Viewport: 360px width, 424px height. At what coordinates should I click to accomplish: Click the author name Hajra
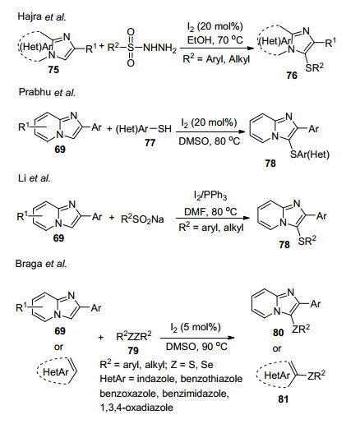pyautogui.click(x=30, y=16)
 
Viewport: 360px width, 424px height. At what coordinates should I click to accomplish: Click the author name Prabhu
pyautogui.click(x=35, y=92)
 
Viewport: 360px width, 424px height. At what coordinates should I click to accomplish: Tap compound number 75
pyautogui.click(x=53, y=70)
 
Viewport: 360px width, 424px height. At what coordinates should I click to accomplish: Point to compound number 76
pyautogui.click(x=292, y=75)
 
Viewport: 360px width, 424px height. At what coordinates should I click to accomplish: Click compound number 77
pyautogui.click(x=150, y=143)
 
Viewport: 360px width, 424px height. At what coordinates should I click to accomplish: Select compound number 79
pyautogui.click(x=133, y=350)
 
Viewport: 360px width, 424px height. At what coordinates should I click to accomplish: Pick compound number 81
pyautogui.click(x=283, y=399)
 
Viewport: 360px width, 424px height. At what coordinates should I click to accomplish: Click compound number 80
pyautogui.click(x=278, y=333)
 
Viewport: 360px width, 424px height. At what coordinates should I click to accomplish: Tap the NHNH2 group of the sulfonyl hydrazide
pyautogui.click(x=160, y=48)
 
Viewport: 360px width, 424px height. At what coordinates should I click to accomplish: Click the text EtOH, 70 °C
pyautogui.click(x=215, y=40)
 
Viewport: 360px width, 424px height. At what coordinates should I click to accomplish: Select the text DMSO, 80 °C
pyautogui.click(x=209, y=141)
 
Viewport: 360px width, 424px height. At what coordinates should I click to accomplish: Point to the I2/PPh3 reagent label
pyautogui.click(x=210, y=196)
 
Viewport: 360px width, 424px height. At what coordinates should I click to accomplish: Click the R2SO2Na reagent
pyautogui.click(x=142, y=219)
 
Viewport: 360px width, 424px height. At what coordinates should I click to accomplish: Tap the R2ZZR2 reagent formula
pyautogui.click(x=134, y=336)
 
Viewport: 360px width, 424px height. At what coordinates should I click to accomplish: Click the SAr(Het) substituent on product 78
pyautogui.click(x=310, y=154)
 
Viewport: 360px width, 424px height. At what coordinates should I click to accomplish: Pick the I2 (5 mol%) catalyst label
pyautogui.click(x=196, y=327)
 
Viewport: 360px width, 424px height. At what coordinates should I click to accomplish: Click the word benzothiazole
pyautogui.click(x=211, y=379)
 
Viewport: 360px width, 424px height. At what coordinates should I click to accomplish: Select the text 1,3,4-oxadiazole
pyautogui.click(x=136, y=408)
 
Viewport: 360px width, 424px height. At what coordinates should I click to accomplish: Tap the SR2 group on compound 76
pyautogui.click(x=314, y=67)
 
